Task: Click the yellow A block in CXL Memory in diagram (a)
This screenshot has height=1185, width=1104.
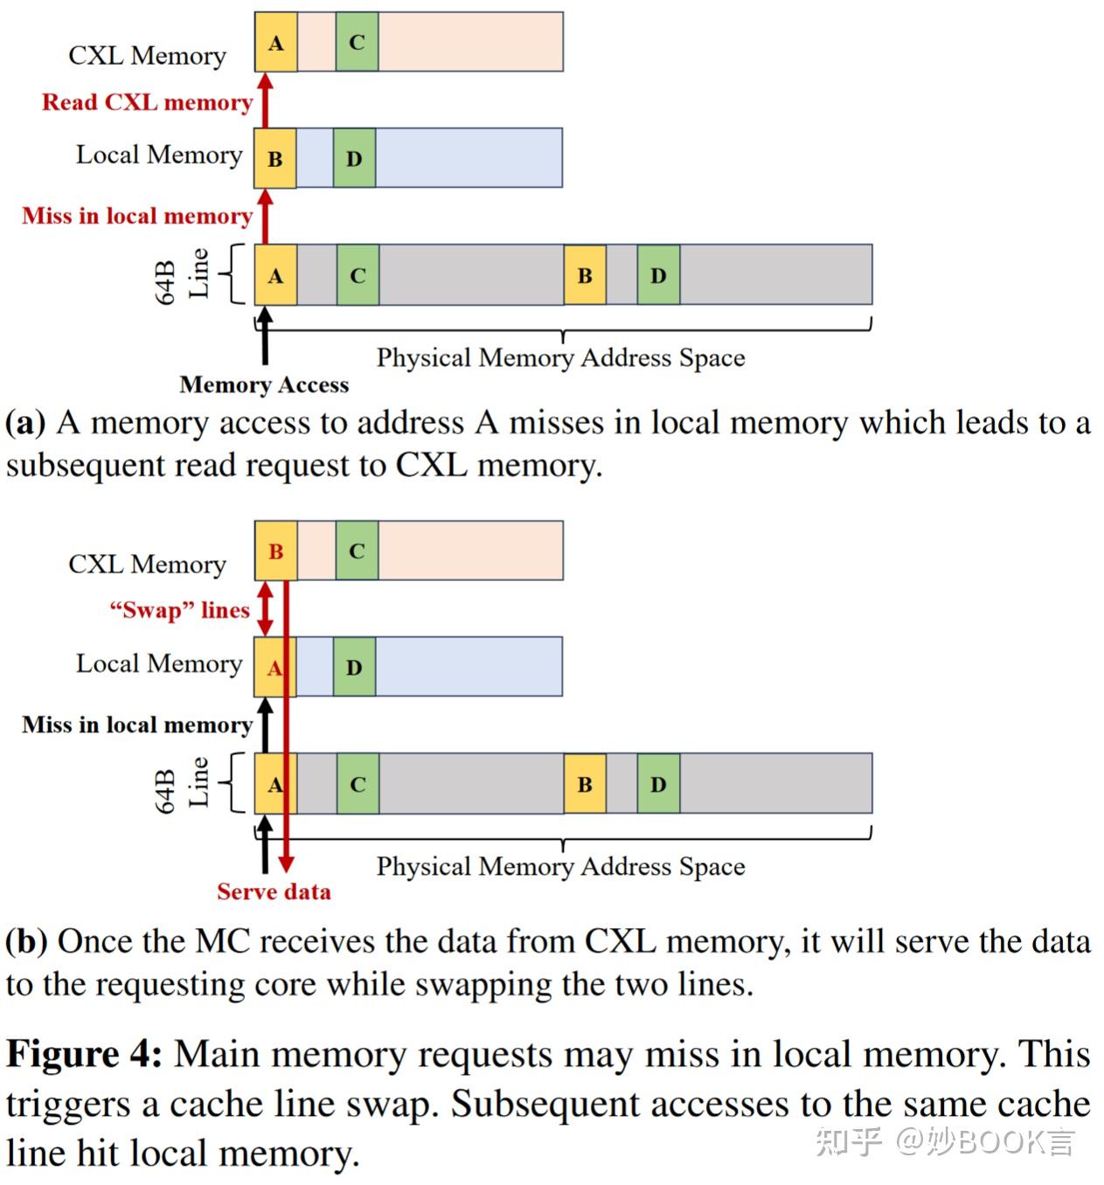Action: click(x=275, y=42)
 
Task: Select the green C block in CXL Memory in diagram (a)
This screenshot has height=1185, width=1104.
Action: click(x=357, y=42)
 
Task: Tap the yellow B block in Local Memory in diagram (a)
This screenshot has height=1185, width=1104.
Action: click(x=274, y=158)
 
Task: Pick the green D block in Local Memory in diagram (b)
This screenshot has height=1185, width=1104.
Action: click(x=354, y=667)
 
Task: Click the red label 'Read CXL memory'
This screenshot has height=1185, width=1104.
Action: click(x=147, y=102)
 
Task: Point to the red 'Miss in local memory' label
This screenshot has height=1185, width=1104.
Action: click(x=137, y=216)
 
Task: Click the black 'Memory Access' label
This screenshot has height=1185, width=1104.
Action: click(x=264, y=385)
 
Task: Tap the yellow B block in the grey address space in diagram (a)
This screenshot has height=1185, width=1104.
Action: click(x=585, y=275)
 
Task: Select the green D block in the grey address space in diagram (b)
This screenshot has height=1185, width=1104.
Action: click(x=658, y=784)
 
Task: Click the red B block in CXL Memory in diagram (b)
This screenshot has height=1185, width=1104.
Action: click(x=275, y=551)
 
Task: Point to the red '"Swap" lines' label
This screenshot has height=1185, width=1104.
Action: click(x=179, y=610)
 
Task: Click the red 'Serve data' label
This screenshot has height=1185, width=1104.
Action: click(x=274, y=891)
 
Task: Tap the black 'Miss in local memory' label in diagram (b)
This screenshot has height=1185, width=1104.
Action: click(x=137, y=724)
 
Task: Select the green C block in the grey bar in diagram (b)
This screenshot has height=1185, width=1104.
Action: click(x=358, y=784)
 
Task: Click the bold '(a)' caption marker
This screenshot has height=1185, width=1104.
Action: click(x=25, y=423)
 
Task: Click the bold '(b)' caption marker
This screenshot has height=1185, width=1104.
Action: click(x=26, y=941)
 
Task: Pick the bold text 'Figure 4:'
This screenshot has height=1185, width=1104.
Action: click(x=84, y=1054)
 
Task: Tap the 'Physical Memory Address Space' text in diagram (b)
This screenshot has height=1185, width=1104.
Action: click(x=560, y=866)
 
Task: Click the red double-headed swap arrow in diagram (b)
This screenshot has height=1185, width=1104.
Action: click(x=266, y=609)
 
